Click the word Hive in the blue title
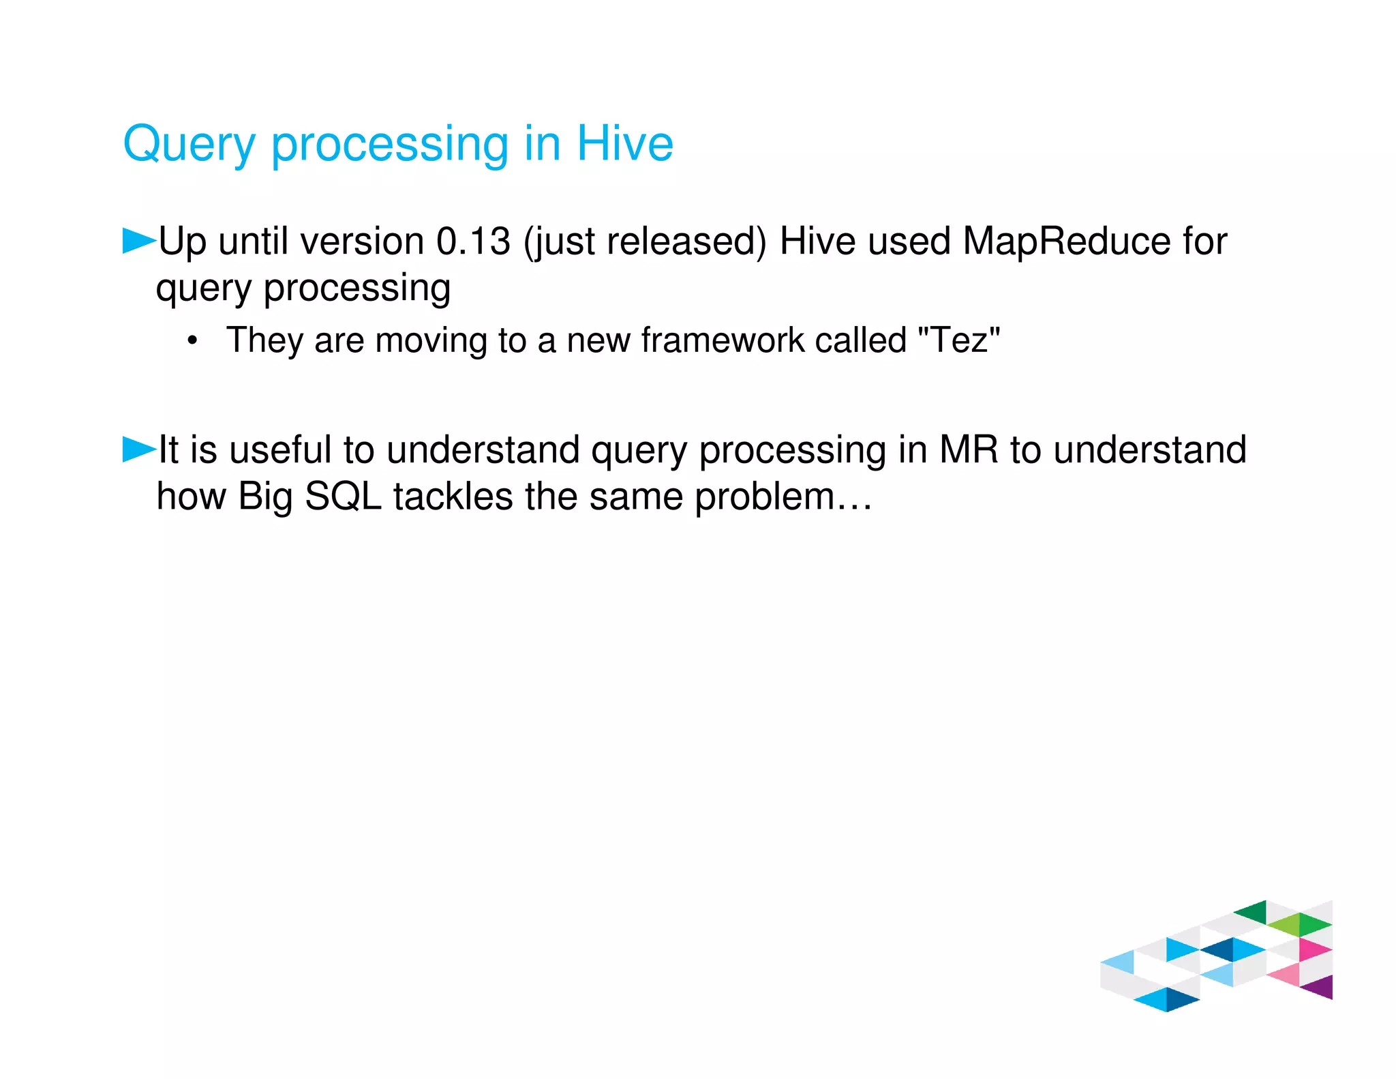624,144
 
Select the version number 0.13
473,241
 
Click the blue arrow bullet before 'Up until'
138,241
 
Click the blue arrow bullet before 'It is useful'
138,449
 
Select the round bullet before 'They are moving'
193,341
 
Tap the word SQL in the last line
343,497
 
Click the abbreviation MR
968,450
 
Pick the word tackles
453,497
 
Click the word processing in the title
390,145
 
